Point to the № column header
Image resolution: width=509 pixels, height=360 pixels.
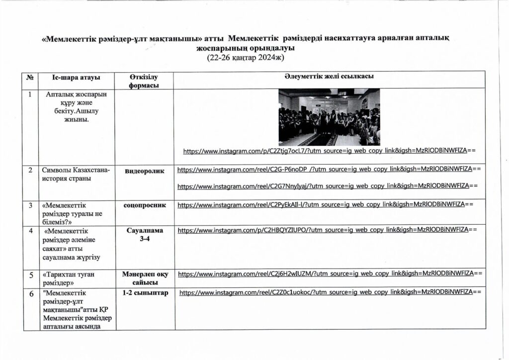31,78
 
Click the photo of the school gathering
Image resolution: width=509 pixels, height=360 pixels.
329,117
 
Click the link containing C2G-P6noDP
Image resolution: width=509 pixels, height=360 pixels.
329,170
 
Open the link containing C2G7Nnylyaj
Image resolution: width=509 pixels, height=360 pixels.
327,186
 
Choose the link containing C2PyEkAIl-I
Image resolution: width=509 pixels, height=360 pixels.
325,204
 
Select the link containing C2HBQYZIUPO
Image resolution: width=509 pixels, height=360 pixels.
327,230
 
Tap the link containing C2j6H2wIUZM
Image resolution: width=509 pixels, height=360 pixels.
330,273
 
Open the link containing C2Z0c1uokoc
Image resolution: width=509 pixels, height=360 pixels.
330,293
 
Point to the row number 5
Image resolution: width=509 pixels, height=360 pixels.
31,274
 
